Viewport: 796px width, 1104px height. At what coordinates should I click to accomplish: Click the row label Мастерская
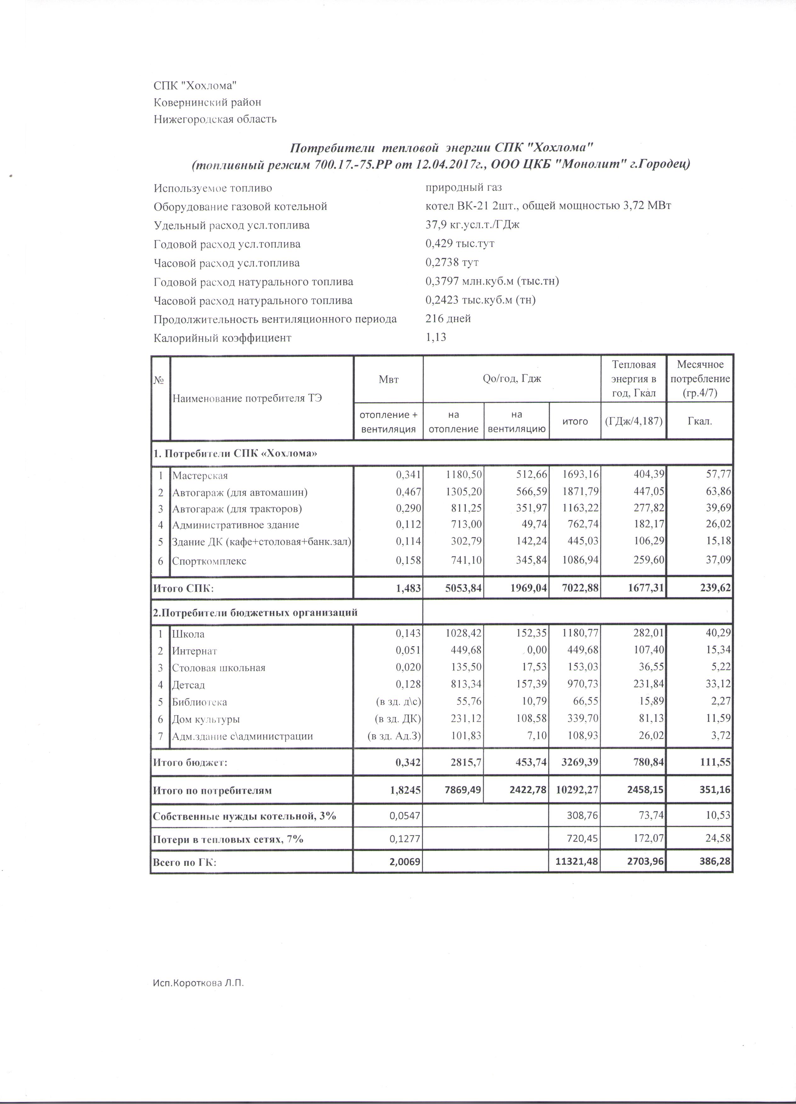click(x=200, y=476)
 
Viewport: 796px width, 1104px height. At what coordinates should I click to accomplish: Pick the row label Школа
click(x=188, y=634)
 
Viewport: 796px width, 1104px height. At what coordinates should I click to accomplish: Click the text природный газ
click(x=463, y=187)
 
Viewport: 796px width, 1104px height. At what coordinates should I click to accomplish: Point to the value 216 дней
click(x=448, y=319)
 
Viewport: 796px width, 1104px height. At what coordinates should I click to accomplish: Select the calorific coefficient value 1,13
click(x=436, y=337)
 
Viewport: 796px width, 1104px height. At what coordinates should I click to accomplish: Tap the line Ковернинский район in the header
click(x=208, y=102)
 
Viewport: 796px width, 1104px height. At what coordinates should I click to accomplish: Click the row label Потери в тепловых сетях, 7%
click(x=228, y=839)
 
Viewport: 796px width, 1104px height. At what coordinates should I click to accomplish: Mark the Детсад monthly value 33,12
click(x=719, y=684)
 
